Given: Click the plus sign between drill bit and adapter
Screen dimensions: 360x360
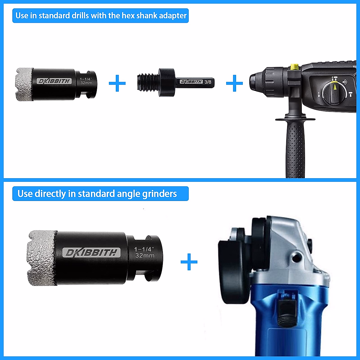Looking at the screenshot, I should pyautogui.click(x=117, y=83).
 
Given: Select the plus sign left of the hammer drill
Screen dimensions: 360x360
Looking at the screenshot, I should pyautogui.click(x=234, y=83).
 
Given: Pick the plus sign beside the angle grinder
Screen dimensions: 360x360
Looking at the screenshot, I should pyautogui.click(x=189, y=262).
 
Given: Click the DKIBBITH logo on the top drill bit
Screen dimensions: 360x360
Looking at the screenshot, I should pyautogui.click(x=54, y=81).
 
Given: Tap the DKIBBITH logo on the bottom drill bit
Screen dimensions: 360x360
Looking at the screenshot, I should pyautogui.click(x=91, y=253).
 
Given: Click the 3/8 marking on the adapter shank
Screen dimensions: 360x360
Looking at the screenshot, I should pyautogui.click(x=208, y=82).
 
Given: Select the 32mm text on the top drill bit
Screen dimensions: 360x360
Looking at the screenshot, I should pyautogui.click(x=86, y=83).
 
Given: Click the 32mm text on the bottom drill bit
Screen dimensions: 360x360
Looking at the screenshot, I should pyautogui.click(x=145, y=256).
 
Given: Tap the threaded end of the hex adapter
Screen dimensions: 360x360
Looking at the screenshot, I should pyautogui.click(x=147, y=82).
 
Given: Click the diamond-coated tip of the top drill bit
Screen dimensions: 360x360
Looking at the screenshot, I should pyautogui.click(x=24, y=84).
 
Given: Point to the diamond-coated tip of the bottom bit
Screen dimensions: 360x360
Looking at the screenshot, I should pyautogui.click(x=40, y=258).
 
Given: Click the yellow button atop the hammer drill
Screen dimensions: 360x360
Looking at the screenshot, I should pyautogui.click(x=294, y=67).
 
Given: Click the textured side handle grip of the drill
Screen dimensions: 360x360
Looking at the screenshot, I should pyautogui.click(x=295, y=150).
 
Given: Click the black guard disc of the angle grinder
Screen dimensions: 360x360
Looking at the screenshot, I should pyautogui.click(x=234, y=270).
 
